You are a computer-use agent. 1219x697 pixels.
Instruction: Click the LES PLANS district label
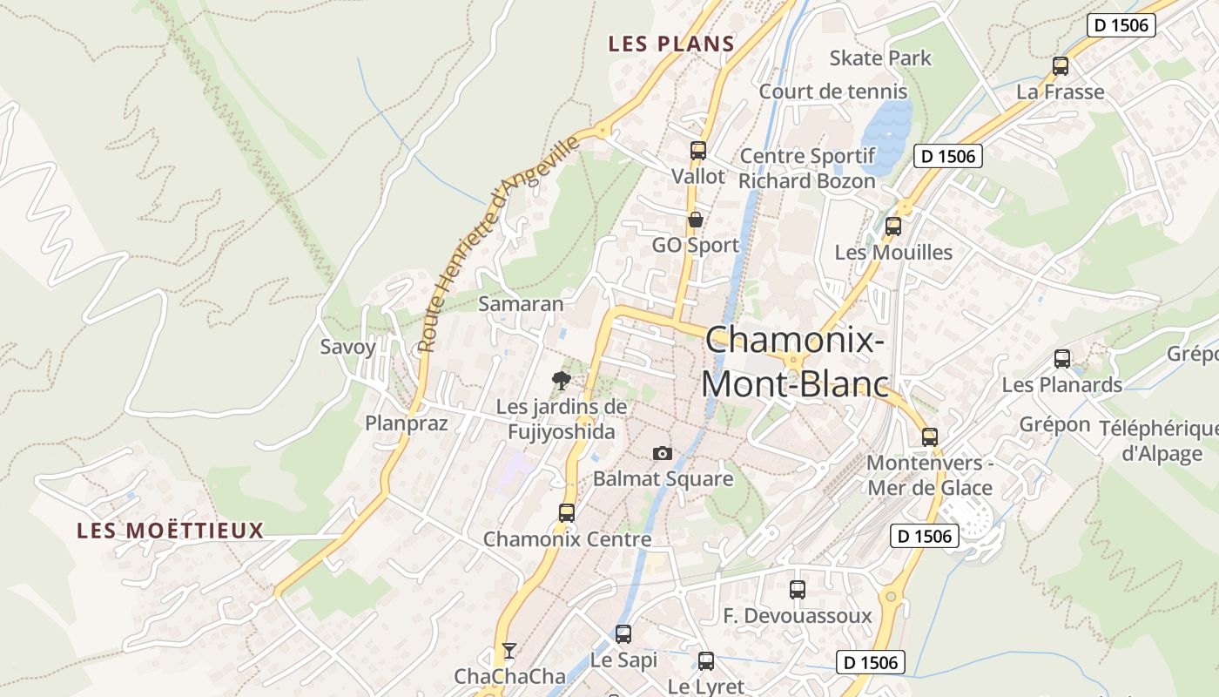[x=671, y=44]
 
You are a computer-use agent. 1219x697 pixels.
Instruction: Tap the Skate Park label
[x=880, y=58]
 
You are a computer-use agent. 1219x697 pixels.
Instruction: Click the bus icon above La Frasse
[x=1060, y=65]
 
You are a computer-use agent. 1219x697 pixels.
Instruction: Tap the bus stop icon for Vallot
[x=697, y=150]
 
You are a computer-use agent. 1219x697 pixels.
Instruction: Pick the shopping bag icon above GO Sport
[x=695, y=220]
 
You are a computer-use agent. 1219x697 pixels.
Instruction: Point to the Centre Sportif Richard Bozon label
[x=807, y=168]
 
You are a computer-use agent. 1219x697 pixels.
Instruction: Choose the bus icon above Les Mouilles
[x=892, y=227]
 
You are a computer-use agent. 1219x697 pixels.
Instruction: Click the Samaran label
[x=521, y=304]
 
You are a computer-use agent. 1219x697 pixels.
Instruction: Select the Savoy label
[x=347, y=347]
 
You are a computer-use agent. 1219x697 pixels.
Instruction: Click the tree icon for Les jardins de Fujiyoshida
[x=562, y=379]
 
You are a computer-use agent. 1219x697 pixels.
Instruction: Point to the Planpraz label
[x=406, y=423]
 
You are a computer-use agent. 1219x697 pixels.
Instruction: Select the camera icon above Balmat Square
[x=663, y=453]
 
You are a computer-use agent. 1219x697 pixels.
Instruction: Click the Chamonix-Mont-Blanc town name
[x=795, y=362]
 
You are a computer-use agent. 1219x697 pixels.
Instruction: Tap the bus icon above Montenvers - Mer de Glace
[x=930, y=436]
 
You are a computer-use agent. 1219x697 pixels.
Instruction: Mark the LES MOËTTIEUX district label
[x=170, y=531]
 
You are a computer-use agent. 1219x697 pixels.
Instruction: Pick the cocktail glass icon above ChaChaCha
[x=508, y=651]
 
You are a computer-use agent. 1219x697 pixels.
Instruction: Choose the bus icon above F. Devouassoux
[x=797, y=589]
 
